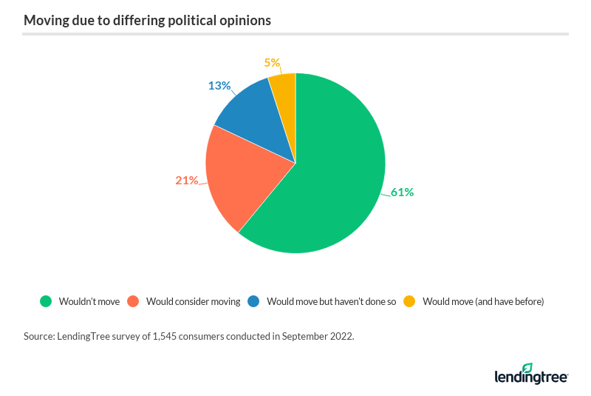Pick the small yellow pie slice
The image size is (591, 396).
[x=284, y=87]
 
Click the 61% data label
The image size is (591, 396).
[x=403, y=192]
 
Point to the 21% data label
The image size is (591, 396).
[x=187, y=180]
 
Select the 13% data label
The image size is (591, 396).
[x=219, y=85]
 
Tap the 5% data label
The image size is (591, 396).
[x=272, y=63]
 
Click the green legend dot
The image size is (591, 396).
[x=46, y=301]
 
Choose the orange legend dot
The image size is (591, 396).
[x=133, y=301]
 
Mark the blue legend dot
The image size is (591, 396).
[x=253, y=301]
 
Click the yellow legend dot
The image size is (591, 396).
[x=409, y=301]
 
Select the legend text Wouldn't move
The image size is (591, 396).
[x=89, y=302]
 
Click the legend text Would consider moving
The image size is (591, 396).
[x=194, y=302]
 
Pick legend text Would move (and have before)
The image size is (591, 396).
[x=483, y=302]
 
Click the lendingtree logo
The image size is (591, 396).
[x=530, y=374]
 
